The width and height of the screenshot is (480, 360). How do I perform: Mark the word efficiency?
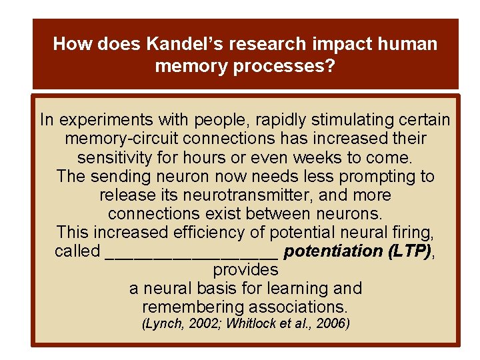pyautogui.click(x=188, y=233)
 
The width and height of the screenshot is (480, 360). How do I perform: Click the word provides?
pyautogui.click(x=245, y=270)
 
